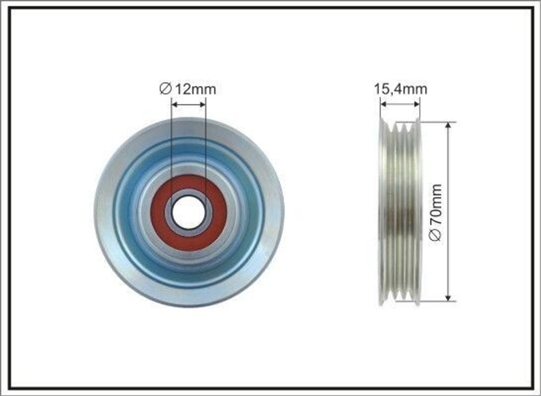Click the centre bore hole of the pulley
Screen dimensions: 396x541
189,212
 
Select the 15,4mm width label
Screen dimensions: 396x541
400,89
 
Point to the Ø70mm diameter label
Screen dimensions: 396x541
436,212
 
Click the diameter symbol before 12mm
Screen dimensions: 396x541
165,89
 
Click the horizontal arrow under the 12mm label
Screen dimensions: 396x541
189,105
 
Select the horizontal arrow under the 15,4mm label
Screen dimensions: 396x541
400,105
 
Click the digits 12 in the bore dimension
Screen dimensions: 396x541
182,89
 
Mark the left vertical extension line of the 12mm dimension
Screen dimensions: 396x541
172,148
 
